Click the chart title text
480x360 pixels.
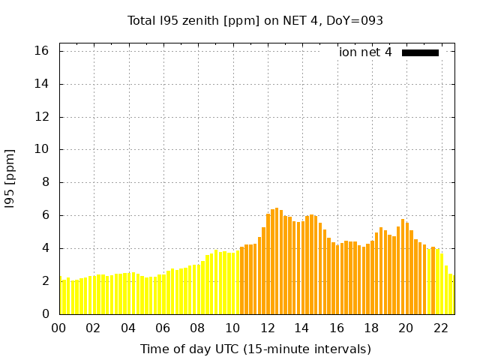click(255, 21)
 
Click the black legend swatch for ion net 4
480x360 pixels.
click(420, 52)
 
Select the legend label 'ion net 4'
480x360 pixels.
click(365, 52)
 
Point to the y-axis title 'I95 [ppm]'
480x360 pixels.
click(10, 178)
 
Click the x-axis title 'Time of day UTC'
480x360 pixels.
click(255, 349)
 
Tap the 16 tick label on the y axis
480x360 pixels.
click(42, 51)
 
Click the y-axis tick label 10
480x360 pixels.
click(42, 150)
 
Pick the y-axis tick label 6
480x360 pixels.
click(45, 215)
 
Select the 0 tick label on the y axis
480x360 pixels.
click(45, 314)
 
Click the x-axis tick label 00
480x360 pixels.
click(59, 328)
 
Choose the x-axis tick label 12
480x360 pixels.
click(267, 328)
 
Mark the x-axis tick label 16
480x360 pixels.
click(337, 328)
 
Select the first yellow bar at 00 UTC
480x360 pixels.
click(60, 296)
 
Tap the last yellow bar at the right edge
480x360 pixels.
click(451, 295)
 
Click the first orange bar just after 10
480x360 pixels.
click(241, 281)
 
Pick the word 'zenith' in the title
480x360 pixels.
click(194, 21)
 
